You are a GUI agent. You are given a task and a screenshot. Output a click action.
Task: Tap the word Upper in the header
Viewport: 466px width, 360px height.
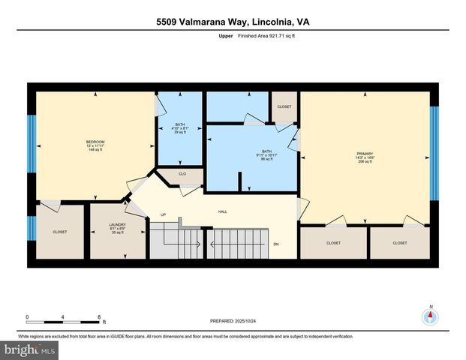point(226,35)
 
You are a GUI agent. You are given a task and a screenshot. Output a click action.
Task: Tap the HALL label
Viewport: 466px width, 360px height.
point(223,211)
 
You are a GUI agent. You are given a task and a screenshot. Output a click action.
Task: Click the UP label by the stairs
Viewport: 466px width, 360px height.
point(164,214)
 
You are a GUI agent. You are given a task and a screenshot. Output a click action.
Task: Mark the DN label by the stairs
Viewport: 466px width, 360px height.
point(275,243)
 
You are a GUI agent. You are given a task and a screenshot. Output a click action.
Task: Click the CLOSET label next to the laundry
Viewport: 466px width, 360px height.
point(59,232)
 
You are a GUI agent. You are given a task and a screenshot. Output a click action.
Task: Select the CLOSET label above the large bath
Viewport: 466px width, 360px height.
point(284,106)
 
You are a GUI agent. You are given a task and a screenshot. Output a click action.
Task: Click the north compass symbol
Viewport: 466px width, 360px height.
point(430,315)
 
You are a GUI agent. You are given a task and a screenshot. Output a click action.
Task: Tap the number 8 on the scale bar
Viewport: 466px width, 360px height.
point(99,318)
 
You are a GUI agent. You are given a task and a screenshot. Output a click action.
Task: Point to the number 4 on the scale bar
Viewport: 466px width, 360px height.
point(63,318)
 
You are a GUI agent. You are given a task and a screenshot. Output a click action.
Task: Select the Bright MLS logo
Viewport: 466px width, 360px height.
point(29,350)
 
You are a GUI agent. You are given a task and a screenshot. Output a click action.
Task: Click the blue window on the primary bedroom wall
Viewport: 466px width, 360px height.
point(434,153)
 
